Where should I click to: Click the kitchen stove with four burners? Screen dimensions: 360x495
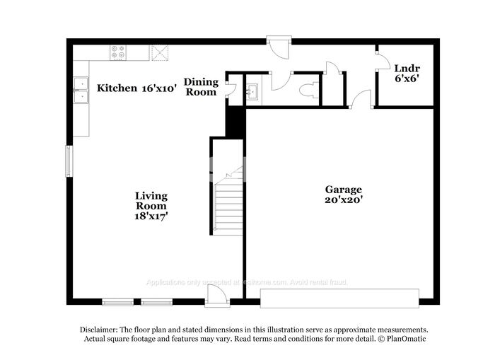click(119, 52)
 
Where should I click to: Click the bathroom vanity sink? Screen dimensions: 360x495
click(252, 91)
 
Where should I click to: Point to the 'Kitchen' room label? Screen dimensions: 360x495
click(117, 88)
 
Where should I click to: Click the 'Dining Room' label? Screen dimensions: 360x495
click(201, 87)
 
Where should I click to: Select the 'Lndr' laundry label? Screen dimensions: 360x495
click(407, 69)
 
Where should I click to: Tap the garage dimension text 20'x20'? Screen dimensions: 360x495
click(344, 200)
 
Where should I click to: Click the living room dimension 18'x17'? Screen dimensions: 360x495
click(152, 216)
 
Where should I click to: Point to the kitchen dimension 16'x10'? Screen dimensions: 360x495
click(158, 88)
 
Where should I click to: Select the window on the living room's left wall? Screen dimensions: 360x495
click(69, 163)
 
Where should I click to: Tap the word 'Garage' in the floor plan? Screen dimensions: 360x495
click(344, 190)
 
